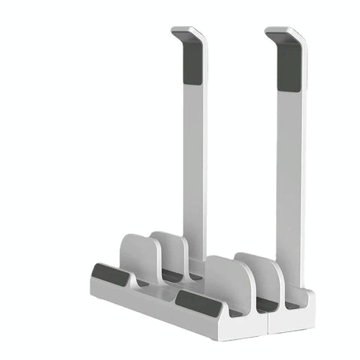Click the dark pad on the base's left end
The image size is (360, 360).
[x=110, y=274]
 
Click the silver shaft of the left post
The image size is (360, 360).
[x=194, y=165]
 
